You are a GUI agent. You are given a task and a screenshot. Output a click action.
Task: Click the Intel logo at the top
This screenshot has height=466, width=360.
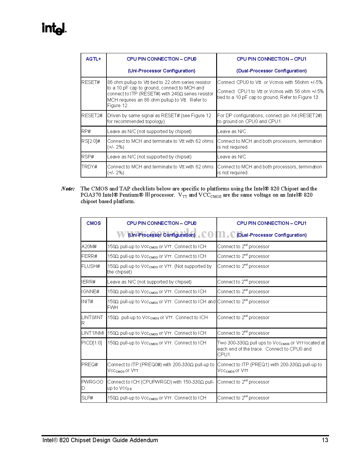pos(54,29)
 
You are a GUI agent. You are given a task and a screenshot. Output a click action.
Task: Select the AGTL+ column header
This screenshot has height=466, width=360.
pos(93,59)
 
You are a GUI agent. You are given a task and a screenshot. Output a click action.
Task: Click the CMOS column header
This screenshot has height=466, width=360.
pos(94,223)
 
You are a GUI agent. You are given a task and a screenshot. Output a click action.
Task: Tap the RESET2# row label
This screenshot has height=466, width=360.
pos(92,116)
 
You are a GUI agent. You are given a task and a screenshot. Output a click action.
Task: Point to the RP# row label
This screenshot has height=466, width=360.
pos(86,132)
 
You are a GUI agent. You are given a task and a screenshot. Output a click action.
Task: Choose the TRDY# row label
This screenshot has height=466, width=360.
pos(89,167)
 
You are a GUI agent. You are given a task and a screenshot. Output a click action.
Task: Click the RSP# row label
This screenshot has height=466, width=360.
pos(88,157)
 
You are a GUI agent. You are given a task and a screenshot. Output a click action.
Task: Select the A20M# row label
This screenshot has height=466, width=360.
pos(89,247)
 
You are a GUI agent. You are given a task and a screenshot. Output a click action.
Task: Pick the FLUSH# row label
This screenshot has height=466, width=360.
pos(91,266)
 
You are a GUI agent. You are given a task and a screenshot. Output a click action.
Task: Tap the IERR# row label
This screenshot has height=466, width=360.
pos(89,282)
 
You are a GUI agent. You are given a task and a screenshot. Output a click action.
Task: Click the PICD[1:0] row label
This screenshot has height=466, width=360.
pos(91,343)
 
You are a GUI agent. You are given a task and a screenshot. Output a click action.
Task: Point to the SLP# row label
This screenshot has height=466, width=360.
pos(87,398)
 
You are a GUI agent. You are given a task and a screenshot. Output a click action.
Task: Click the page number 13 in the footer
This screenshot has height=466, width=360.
pos(325,440)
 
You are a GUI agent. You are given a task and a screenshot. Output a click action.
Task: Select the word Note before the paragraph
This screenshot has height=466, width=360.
pos(68,189)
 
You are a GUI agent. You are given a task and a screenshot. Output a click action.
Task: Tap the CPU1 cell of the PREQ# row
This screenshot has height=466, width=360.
pos(270,368)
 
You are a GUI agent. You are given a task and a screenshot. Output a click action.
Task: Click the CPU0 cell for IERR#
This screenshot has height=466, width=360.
pos(149,282)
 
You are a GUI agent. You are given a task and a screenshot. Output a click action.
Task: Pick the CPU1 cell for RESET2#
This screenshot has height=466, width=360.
pos(270,119)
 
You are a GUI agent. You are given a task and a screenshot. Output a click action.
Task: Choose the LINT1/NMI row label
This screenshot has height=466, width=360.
pos(93,333)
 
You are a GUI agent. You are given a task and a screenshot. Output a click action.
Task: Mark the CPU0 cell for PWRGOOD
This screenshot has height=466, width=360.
pos(161,385)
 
